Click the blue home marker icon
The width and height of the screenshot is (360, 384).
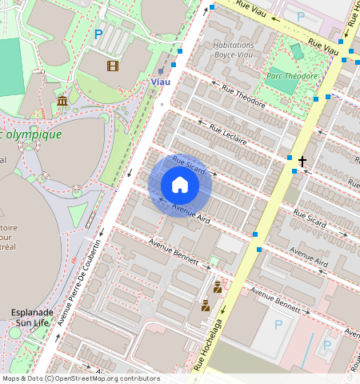click(180, 186)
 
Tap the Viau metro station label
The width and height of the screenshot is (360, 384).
click(160, 82)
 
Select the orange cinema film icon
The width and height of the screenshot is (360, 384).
click(112, 66)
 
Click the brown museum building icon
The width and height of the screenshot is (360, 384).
click(62, 100)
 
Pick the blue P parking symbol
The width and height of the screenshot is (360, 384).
click(98, 34)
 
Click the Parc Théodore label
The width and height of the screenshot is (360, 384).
click(291, 76)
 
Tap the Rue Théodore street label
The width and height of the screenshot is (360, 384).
click(243, 98)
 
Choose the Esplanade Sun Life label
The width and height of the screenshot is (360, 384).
click(32, 317)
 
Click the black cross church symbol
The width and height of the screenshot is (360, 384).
click(302, 162)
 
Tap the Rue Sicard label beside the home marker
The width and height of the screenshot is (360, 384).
click(189, 166)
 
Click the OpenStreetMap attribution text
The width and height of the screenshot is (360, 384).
click(80, 378)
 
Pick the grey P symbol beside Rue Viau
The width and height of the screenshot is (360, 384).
click(300, 16)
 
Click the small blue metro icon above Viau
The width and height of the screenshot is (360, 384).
click(170, 67)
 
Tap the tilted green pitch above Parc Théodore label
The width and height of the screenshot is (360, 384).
click(297, 52)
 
